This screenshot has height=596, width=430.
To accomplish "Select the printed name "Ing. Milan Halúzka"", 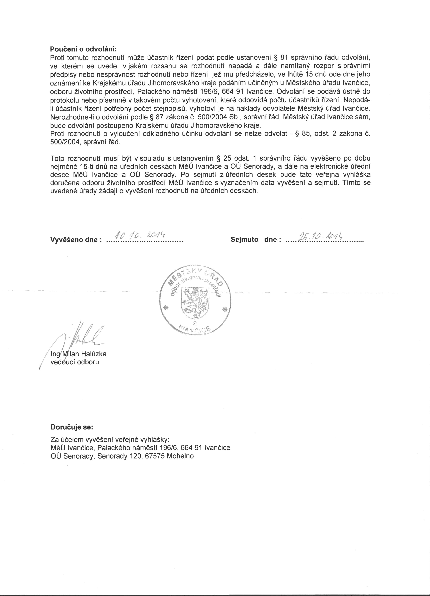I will point(78,354).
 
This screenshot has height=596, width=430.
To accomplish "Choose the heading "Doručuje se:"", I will point(72,427).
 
